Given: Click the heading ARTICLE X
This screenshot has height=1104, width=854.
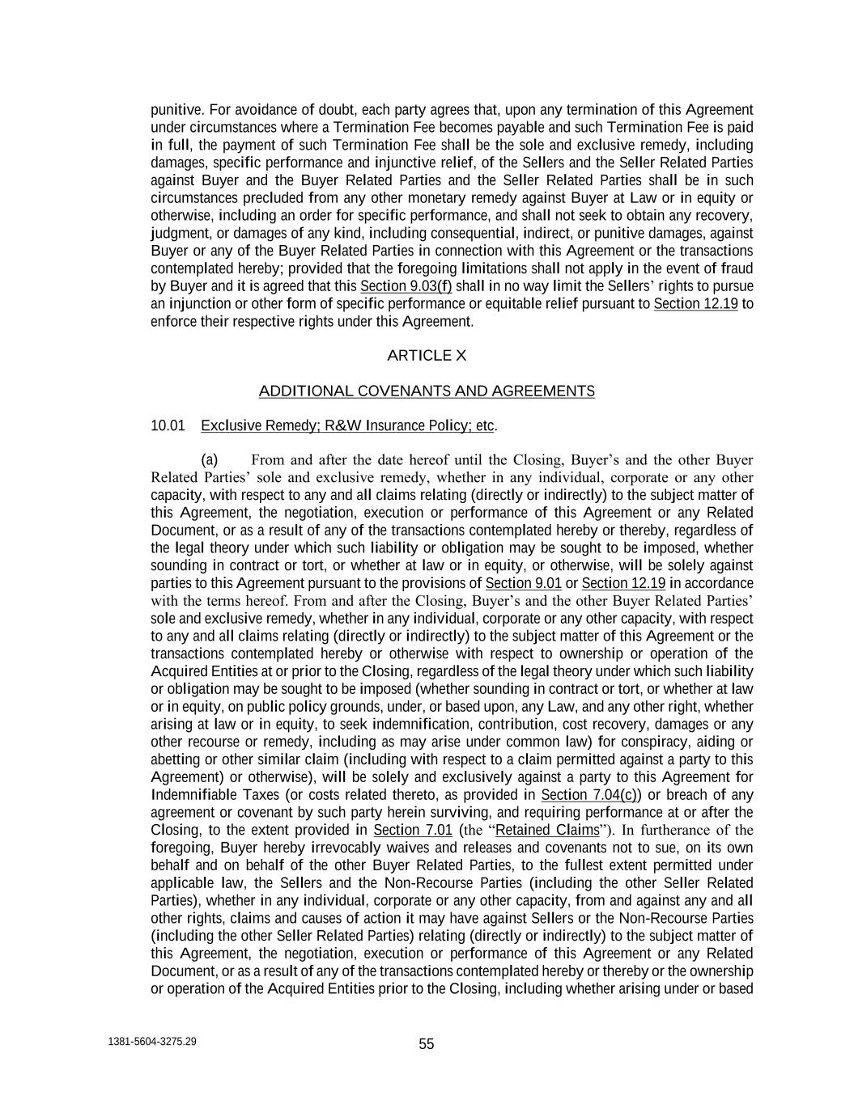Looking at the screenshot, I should (x=427, y=356).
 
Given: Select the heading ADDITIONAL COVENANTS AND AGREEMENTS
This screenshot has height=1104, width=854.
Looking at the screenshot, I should (x=427, y=391).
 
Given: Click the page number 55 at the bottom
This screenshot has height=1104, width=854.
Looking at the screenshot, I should (x=427, y=1044).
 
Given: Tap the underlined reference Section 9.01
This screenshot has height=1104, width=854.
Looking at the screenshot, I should (x=523, y=583).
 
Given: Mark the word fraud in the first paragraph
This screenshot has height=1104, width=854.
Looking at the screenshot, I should (x=736, y=269).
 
